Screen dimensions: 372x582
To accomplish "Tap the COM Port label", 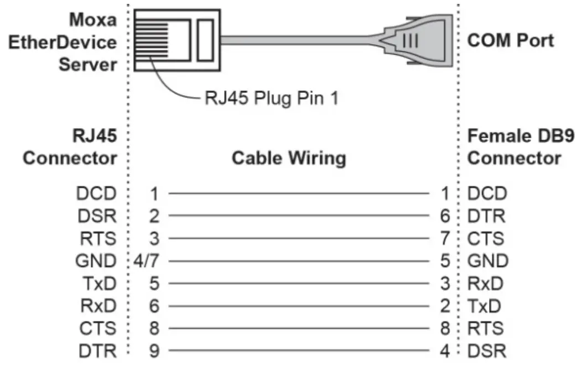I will pyautogui.click(x=511, y=41).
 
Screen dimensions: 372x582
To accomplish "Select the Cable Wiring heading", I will pyautogui.click(x=288, y=159).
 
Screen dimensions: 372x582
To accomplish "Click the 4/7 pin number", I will pyautogui.click(x=147, y=260).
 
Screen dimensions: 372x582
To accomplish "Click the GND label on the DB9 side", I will pyautogui.click(x=487, y=260).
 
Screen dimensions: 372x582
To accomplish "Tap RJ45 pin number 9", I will pyautogui.click(x=154, y=350).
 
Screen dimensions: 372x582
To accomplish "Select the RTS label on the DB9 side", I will pyautogui.click(x=486, y=328).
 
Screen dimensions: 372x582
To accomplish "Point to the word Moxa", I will pyautogui.click(x=93, y=20).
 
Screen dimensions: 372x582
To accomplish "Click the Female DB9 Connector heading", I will pyautogui.click(x=514, y=146).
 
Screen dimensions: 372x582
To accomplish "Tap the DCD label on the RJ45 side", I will pyautogui.click(x=97, y=193).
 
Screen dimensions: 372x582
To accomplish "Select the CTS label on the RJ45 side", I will pyautogui.click(x=98, y=328).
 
